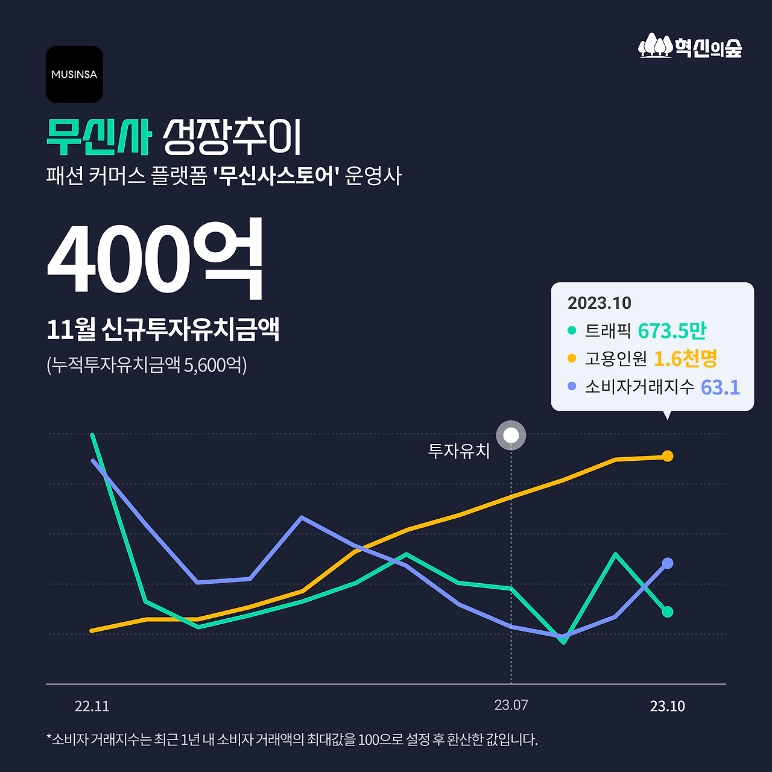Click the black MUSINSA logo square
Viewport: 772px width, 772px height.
pos(74,74)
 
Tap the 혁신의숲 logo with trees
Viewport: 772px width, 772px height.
pos(690,46)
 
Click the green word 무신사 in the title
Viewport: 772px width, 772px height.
pos(98,138)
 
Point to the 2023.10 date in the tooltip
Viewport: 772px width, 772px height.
pos(599,303)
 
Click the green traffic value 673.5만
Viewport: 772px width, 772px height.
pos(671,331)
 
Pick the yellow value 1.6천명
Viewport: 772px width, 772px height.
pos(685,359)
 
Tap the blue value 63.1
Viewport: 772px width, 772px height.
pos(720,387)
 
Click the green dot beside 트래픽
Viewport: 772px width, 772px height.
pos(572,331)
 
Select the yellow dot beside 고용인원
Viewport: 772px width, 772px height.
pos(572,358)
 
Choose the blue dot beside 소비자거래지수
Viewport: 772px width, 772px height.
pos(572,386)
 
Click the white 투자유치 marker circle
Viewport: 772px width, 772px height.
pos(511,435)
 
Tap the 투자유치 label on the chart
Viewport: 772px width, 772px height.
pos(458,451)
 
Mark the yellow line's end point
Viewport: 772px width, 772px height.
pos(667,456)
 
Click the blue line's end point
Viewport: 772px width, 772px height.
pos(667,563)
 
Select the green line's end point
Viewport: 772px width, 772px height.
pos(667,612)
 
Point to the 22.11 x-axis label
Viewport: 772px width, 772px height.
pos(92,706)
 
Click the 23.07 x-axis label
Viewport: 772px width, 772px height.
pos(511,705)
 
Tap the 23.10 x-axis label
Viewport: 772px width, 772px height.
pos(667,706)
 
